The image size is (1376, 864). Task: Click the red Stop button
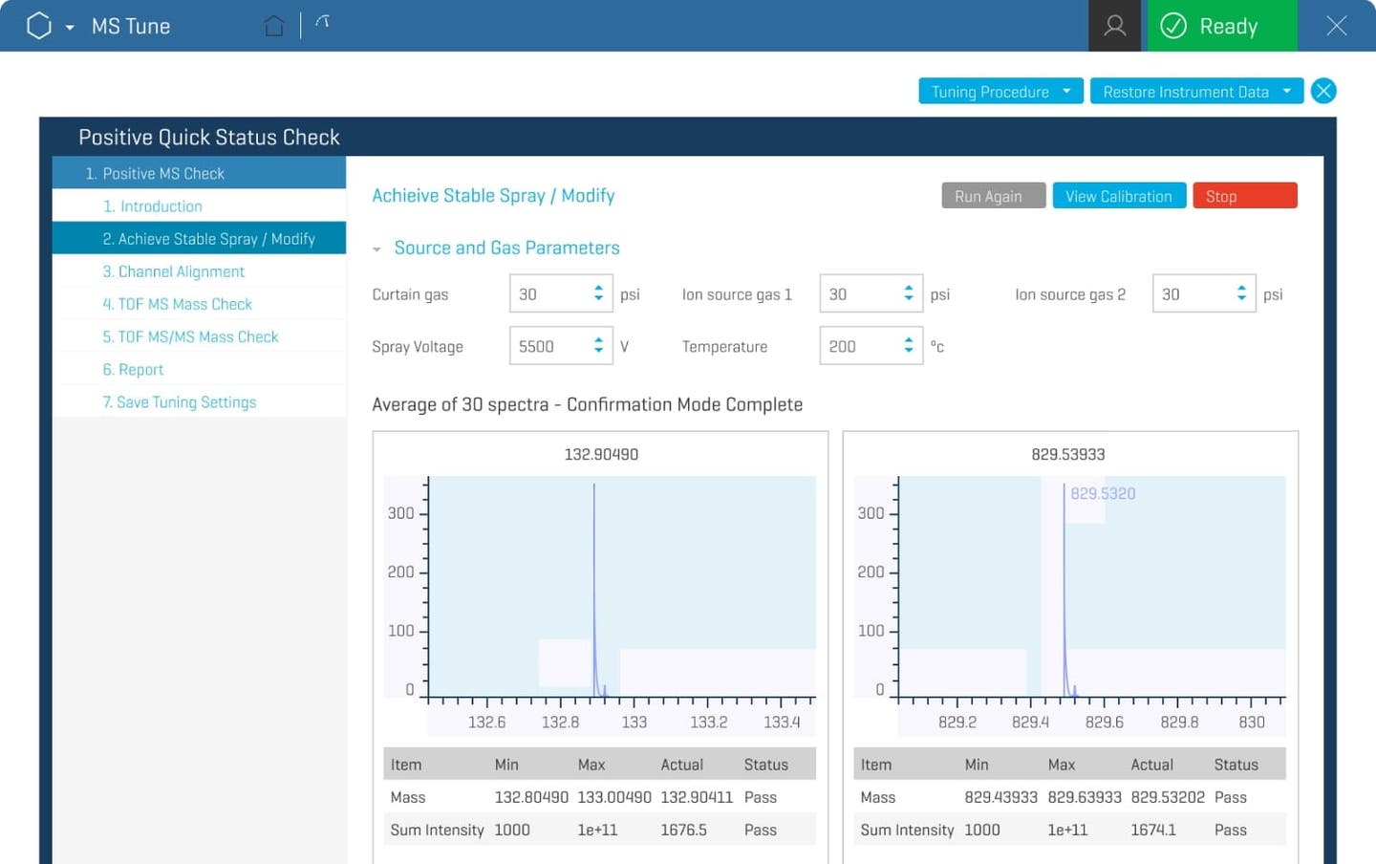(x=1244, y=196)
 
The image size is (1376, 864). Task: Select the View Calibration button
(x=1119, y=196)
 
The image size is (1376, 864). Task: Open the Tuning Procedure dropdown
(x=1000, y=92)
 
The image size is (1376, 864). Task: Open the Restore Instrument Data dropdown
(x=1196, y=92)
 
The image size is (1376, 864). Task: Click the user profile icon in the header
(x=1114, y=26)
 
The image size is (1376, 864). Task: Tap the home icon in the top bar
(x=274, y=26)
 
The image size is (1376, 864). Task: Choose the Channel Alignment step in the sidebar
(x=173, y=271)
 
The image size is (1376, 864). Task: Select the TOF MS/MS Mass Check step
(x=190, y=336)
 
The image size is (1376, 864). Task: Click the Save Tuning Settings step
(x=179, y=402)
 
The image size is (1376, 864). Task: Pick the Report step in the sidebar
(x=133, y=370)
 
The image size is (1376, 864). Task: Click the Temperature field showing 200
(x=861, y=346)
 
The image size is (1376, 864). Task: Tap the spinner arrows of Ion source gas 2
(x=1241, y=294)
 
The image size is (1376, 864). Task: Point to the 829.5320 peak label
(x=1103, y=493)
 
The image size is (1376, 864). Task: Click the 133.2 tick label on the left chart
(x=708, y=723)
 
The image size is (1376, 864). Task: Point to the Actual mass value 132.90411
(x=697, y=797)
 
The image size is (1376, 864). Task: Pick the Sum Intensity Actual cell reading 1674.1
(x=1153, y=830)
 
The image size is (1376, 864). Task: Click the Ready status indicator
(x=1221, y=26)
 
